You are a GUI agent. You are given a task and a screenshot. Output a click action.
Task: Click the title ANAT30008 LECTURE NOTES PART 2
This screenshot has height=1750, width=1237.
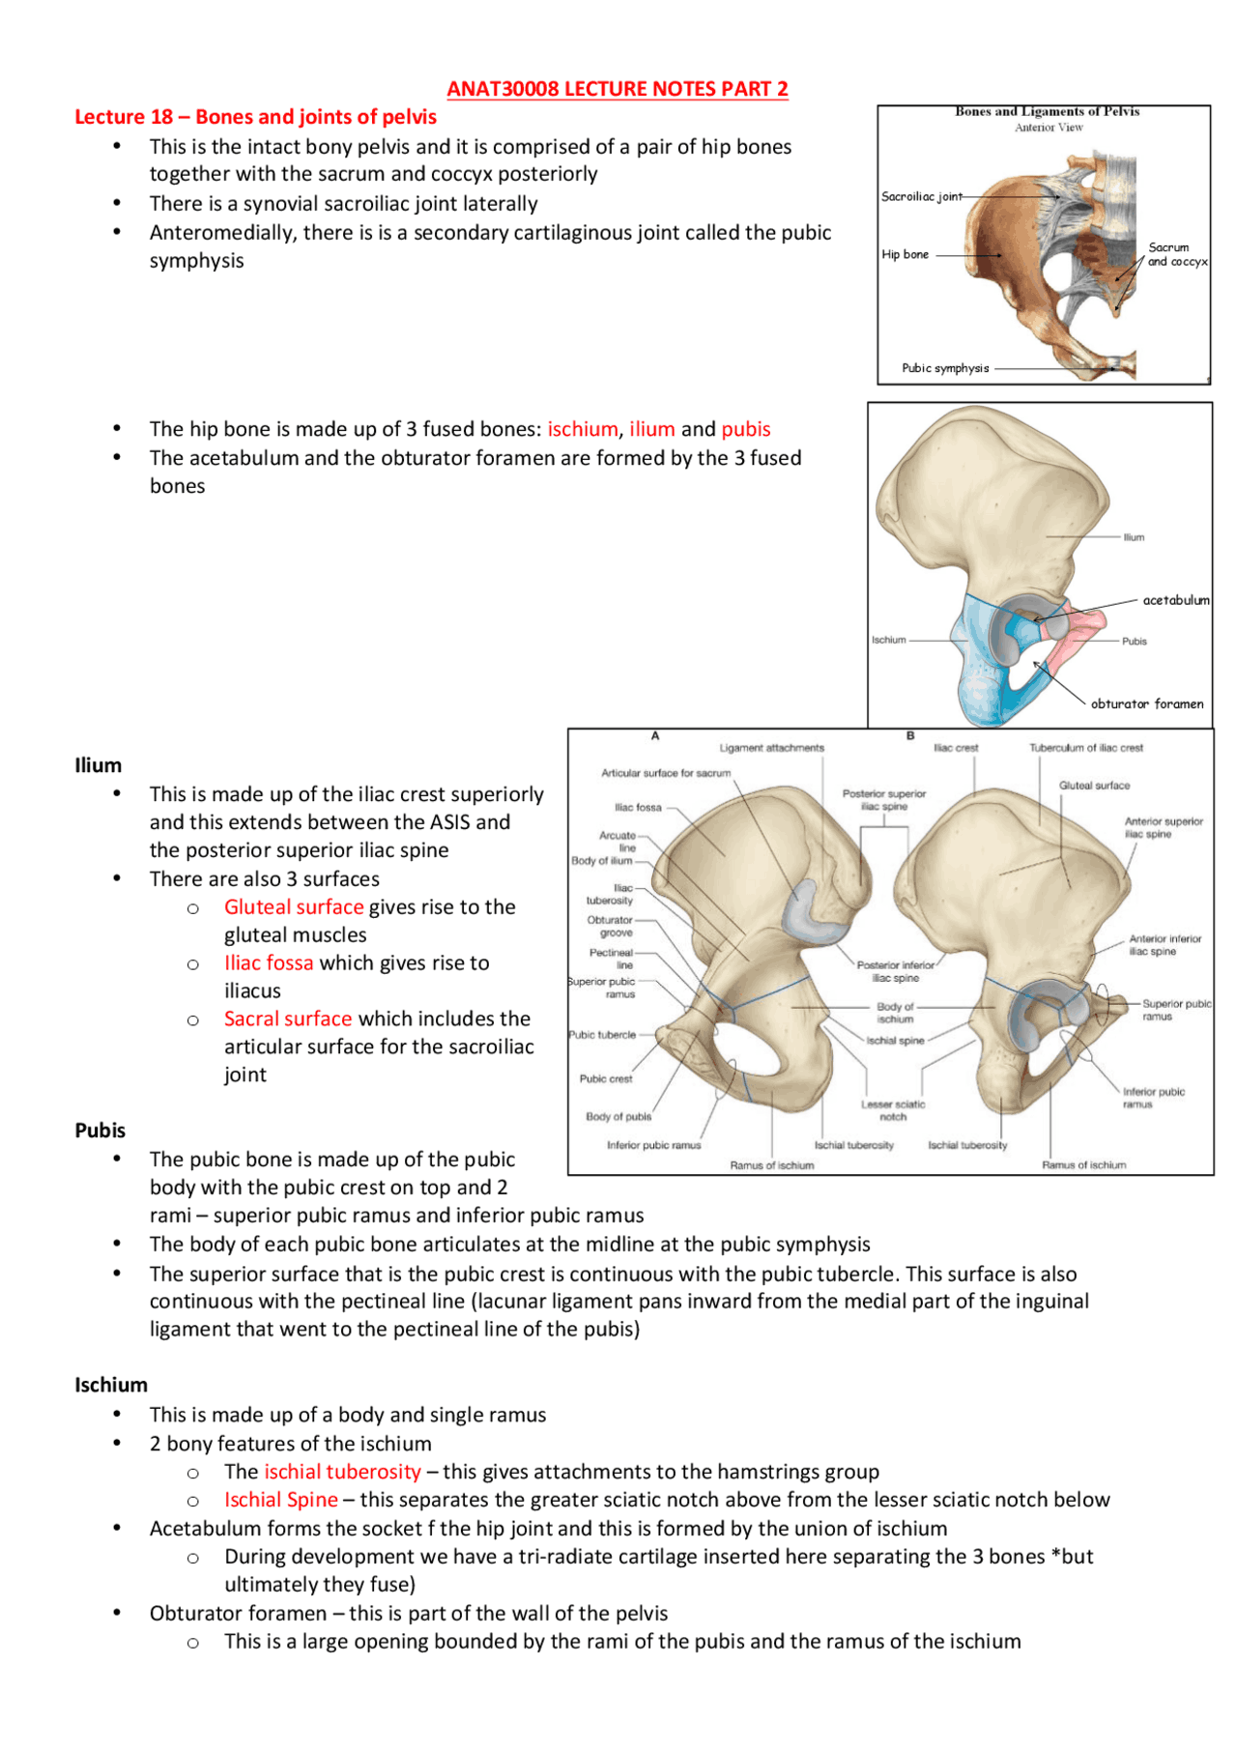(617, 89)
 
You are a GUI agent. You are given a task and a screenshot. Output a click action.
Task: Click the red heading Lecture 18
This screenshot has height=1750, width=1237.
(255, 117)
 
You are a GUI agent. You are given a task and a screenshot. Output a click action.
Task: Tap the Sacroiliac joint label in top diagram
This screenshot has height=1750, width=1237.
(921, 196)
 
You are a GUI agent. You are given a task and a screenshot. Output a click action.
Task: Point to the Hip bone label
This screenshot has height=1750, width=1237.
(905, 254)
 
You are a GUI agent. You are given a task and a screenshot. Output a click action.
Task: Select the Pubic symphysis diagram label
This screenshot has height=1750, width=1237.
(945, 368)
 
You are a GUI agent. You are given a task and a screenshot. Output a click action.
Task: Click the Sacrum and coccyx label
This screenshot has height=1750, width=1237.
(1176, 254)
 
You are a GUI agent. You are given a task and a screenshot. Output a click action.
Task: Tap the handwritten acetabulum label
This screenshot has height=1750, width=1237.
(1175, 600)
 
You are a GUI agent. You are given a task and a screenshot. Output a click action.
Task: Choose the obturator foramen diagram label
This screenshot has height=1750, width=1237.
(1147, 703)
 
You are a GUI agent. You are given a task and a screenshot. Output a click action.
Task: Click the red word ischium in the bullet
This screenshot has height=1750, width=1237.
(582, 429)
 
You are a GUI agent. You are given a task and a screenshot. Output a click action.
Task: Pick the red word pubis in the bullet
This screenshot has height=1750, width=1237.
(745, 429)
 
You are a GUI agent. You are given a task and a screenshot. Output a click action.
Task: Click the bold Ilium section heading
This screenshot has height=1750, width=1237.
(99, 765)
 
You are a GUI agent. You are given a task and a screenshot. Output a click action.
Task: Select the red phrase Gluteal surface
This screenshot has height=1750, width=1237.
(294, 907)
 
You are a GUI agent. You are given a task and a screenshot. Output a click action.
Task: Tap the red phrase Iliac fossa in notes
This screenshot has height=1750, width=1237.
(269, 963)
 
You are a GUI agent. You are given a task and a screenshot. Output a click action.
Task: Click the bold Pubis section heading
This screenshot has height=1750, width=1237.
(101, 1131)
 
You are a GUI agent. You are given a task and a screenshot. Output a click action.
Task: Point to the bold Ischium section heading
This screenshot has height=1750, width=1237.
(111, 1385)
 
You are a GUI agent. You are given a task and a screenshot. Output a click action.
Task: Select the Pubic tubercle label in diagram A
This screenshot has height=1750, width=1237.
(602, 1035)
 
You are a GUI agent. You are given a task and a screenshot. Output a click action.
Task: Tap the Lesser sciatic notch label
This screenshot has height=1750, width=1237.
(893, 1110)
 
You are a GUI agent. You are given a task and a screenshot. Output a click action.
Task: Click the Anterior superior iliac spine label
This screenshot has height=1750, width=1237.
(1163, 827)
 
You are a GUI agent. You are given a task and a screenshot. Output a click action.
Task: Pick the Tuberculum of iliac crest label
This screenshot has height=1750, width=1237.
(1085, 748)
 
